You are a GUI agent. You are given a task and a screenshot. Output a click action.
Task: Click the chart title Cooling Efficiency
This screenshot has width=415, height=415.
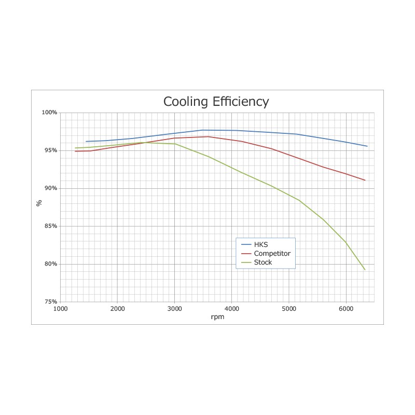(216, 101)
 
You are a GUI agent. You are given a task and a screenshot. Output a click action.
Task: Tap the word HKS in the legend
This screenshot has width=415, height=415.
(261, 245)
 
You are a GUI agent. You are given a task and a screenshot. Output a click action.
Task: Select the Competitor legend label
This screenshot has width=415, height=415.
(272, 254)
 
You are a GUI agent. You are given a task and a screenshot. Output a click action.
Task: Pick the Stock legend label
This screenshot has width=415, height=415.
(263, 262)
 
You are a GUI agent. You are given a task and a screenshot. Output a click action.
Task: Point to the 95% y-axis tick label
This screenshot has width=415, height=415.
(50, 150)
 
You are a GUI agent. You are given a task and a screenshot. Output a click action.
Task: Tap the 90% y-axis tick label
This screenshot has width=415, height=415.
(50, 188)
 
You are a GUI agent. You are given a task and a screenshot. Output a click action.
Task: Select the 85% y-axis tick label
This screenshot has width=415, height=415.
(50, 226)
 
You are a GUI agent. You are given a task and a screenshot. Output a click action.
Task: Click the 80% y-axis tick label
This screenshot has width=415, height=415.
(50, 264)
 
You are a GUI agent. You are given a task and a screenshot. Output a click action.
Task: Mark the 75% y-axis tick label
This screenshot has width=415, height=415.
(50, 302)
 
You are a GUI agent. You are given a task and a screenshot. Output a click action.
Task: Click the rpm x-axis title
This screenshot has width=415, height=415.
(217, 317)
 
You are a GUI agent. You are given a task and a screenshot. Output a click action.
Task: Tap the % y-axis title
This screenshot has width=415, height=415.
(39, 203)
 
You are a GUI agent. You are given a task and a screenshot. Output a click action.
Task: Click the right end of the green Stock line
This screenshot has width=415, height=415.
(365, 270)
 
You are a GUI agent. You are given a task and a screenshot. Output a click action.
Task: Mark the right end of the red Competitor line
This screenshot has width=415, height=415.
(365, 180)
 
